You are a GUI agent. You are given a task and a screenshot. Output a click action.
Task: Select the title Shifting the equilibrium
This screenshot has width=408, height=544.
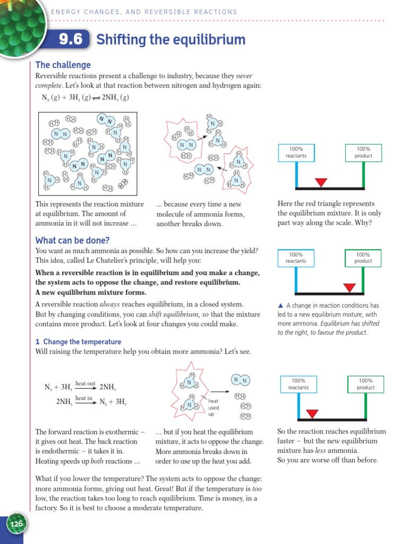point(171,40)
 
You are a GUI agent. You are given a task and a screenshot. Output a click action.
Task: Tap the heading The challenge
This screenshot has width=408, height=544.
point(63,65)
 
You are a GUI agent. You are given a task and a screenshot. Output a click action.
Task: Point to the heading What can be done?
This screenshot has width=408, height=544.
point(72,240)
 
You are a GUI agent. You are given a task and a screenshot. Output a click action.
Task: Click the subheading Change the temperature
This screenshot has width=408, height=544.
point(82,342)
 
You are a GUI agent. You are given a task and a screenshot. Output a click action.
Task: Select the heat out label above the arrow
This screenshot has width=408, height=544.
point(85,382)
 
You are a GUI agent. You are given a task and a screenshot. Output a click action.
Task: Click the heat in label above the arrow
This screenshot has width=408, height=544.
point(84,397)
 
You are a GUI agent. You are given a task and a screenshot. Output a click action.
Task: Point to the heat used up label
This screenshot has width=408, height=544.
point(214,407)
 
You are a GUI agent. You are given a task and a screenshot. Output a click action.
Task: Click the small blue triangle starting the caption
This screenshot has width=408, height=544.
point(280,305)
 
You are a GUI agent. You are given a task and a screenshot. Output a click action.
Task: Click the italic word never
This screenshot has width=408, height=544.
point(245,76)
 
